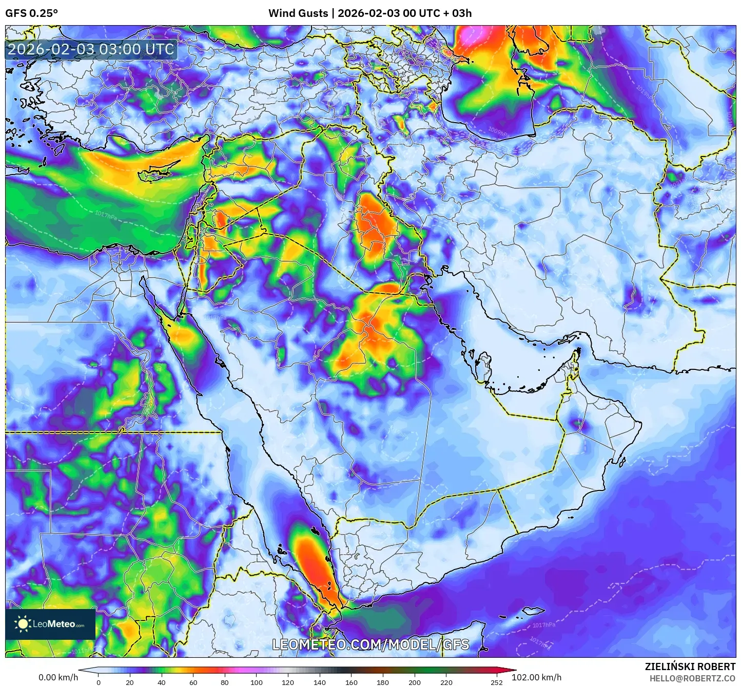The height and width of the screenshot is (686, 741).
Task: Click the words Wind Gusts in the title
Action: [298, 13]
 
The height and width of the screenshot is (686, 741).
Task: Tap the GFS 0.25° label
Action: [31, 13]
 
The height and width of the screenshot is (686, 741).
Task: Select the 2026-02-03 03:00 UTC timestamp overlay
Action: [91, 49]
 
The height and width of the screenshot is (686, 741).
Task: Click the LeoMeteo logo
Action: [50, 624]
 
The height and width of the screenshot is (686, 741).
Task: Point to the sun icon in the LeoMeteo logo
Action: [23, 624]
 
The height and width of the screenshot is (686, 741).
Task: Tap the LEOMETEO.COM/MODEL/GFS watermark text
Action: [371, 644]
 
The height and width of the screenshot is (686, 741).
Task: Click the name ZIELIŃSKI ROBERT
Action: [690, 667]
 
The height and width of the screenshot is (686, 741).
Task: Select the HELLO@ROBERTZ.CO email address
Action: [692, 678]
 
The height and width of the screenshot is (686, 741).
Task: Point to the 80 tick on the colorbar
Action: [225, 682]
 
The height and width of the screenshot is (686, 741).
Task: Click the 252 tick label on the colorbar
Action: [496, 682]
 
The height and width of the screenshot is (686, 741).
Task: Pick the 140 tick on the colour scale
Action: [320, 682]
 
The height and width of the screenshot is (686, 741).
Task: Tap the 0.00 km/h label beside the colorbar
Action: [58, 677]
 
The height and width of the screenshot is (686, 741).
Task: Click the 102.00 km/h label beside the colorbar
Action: [537, 677]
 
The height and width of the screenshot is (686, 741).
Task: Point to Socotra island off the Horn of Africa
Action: [534, 612]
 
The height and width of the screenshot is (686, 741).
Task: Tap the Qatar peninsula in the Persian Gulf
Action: [482, 365]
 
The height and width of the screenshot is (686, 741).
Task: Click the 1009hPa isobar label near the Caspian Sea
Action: [498, 130]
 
